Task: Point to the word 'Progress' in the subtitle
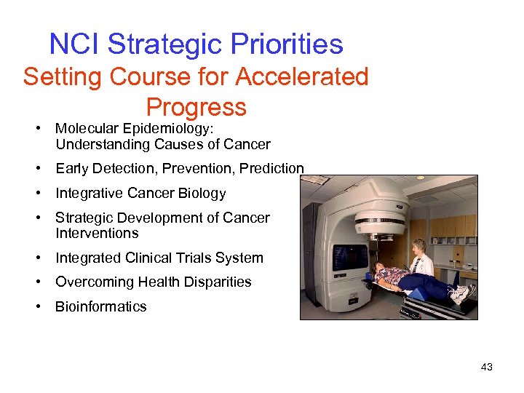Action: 196,107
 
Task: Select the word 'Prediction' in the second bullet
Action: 271,169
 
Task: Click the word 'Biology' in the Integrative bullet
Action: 202,194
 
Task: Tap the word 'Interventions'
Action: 97,234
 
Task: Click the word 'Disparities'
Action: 216,282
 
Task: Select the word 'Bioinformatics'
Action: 101,307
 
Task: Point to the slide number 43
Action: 487,367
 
